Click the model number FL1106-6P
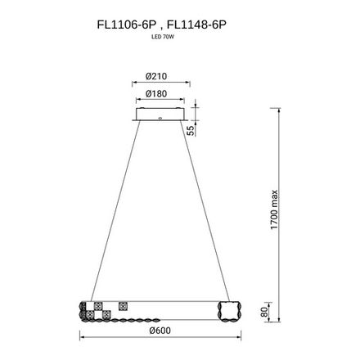pos(121,26)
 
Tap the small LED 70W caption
pos(161,38)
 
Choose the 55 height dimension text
pos(190,130)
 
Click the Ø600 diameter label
pos(160,331)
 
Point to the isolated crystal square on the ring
pos(124,306)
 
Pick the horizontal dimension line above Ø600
pos(160,338)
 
